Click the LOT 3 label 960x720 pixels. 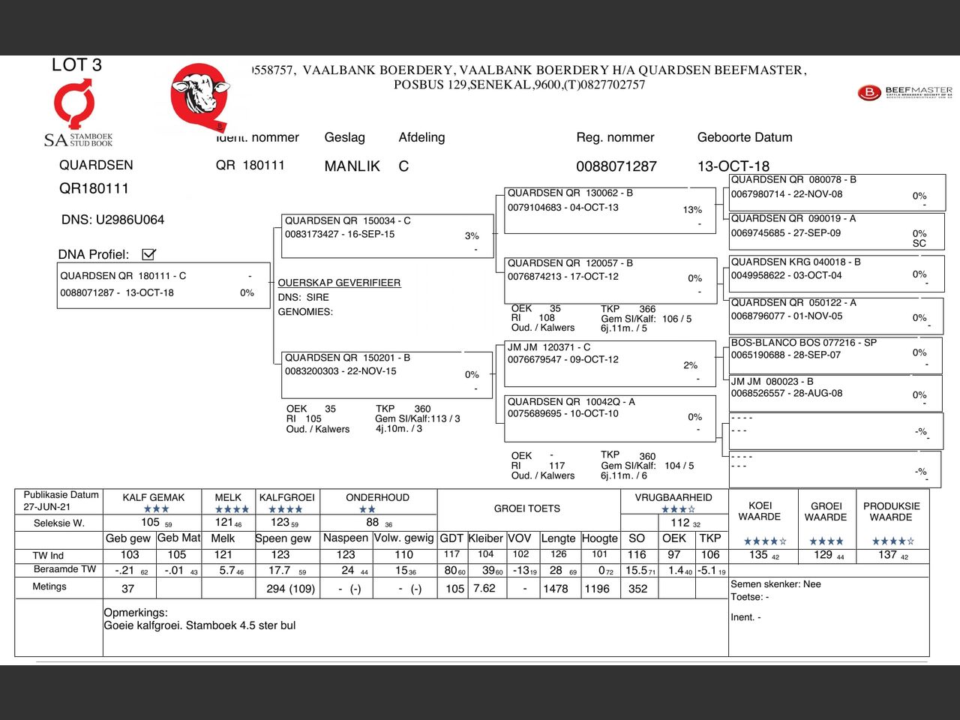[76, 65]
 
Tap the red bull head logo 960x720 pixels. [199, 95]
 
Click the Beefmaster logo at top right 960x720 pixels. [904, 92]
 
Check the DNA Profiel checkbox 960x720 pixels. [148, 254]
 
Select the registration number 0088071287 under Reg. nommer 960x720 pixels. [616, 166]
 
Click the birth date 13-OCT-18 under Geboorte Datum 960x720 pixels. [733, 166]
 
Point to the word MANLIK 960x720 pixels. [352, 166]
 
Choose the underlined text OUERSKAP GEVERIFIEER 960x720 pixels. [339, 283]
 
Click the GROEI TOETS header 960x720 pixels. [526, 508]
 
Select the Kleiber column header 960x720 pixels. [485, 538]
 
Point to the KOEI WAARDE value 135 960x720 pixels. [758, 555]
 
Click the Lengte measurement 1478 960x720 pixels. [555, 589]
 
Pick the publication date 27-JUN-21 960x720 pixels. [46, 507]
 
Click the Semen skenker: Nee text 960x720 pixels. [775, 584]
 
